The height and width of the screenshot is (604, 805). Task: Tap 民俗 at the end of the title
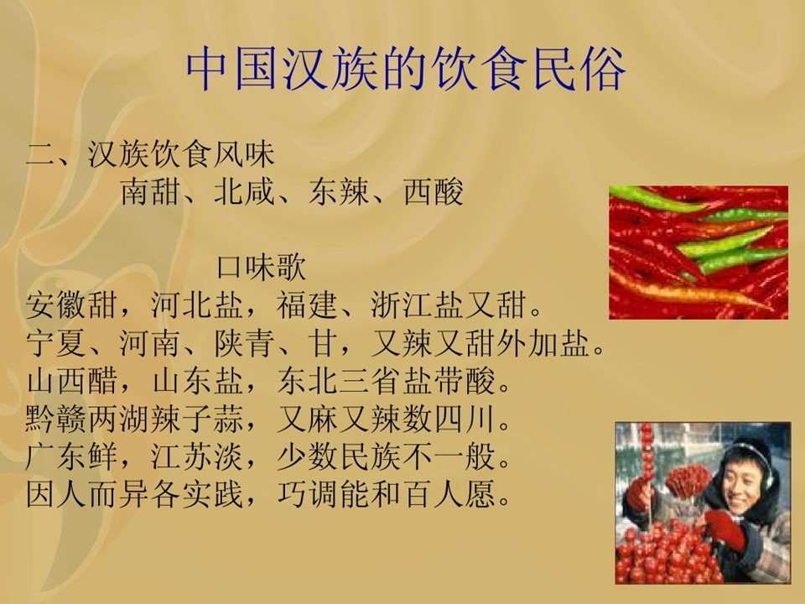579,70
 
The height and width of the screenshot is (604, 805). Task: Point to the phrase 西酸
434,191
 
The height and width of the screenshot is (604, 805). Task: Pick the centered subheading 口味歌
261,267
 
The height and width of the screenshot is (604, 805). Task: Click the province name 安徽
56,305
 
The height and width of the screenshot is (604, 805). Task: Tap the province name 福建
308,305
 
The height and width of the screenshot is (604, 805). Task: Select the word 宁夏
56,343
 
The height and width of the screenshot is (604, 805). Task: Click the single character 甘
323,343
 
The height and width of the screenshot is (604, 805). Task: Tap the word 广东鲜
72,456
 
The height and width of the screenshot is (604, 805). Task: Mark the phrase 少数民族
339,456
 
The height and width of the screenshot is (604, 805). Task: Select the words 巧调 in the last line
308,494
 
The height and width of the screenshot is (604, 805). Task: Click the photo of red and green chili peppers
699,253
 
